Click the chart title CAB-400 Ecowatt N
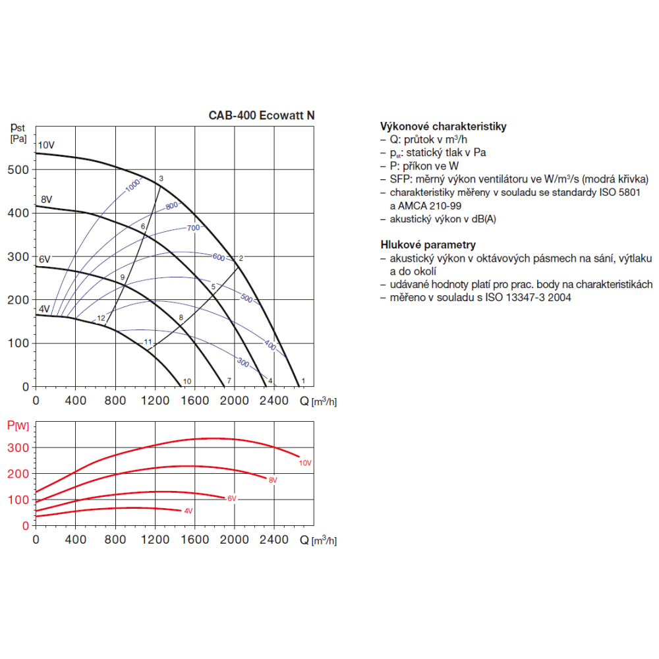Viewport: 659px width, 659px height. tap(262, 115)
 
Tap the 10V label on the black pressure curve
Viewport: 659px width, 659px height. tap(46, 145)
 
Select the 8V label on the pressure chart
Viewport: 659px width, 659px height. tap(46, 199)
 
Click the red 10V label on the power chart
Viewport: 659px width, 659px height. tap(305, 463)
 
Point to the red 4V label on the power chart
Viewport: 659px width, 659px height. tap(188, 511)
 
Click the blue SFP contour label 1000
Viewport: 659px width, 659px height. tap(133, 185)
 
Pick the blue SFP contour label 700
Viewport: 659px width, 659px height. tap(193, 228)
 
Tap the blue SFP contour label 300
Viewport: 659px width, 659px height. tap(243, 362)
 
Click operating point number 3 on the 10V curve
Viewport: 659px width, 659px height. tap(161, 179)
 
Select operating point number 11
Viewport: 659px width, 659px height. tap(148, 341)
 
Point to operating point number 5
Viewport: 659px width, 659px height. tap(213, 287)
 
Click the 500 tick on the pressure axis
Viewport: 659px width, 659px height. tap(18, 170)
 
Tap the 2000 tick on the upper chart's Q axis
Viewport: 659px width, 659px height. tap(234, 401)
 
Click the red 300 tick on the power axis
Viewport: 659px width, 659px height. tap(18, 447)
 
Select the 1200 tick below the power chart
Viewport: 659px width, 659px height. tap(155, 540)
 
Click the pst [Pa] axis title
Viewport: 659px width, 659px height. tap(18, 133)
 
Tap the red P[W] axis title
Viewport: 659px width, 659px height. tap(18, 425)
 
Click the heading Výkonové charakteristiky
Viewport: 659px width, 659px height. tap(444, 127)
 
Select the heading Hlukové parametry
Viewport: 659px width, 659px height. tap(428, 244)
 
